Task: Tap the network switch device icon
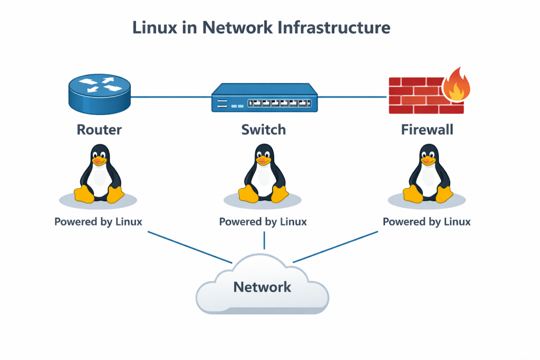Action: point(265,99)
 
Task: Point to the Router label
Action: point(99,129)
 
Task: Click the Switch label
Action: point(264,129)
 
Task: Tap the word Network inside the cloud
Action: point(262,287)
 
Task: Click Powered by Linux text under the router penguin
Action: point(98,221)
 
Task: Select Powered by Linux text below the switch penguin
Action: point(263,221)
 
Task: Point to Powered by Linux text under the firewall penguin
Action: point(427,221)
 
